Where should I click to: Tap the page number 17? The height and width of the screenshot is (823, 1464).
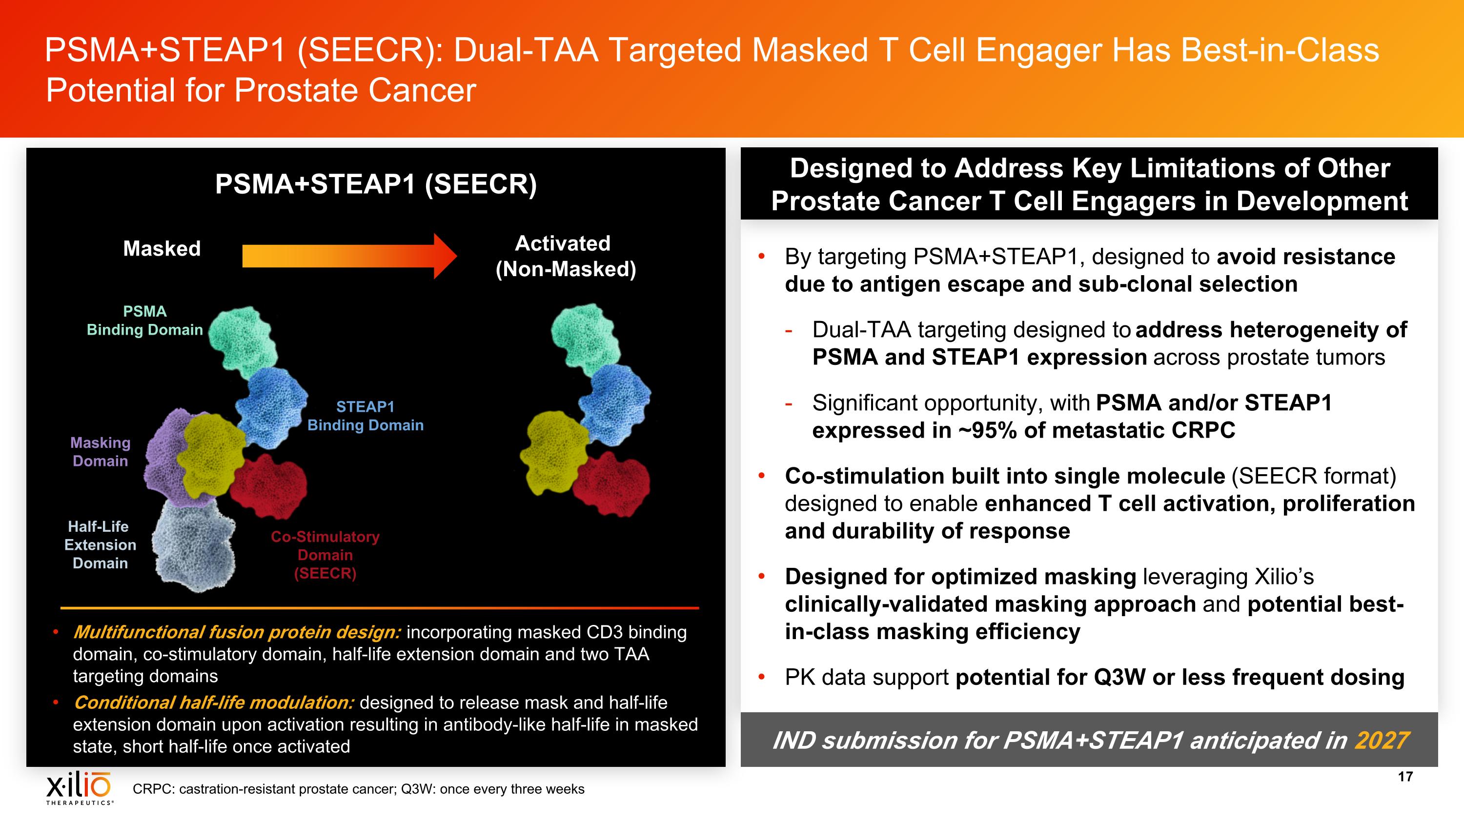coord(1405,777)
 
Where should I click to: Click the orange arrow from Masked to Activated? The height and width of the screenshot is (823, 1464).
coord(349,256)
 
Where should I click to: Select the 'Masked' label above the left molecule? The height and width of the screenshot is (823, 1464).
coord(162,248)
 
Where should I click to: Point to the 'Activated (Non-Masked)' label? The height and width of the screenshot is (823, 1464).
coord(565,256)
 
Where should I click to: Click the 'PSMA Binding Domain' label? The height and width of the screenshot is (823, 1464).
coord(145,321)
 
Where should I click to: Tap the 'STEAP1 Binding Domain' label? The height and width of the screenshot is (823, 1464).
coord(366,416)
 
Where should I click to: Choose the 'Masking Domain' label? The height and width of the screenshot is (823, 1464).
coord(101,452)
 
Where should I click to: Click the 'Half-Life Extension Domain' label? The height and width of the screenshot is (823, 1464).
coord(100,545)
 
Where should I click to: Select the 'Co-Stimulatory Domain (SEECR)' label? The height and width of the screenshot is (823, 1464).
coord(325,555)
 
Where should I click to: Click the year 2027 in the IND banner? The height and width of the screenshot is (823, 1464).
coord(1382,740)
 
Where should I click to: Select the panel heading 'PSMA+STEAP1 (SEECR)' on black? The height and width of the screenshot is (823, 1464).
coord(376,184)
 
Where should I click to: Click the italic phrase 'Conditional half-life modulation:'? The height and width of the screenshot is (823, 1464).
coord(213,703)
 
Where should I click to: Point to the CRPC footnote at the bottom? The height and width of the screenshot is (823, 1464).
coord(358,789)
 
